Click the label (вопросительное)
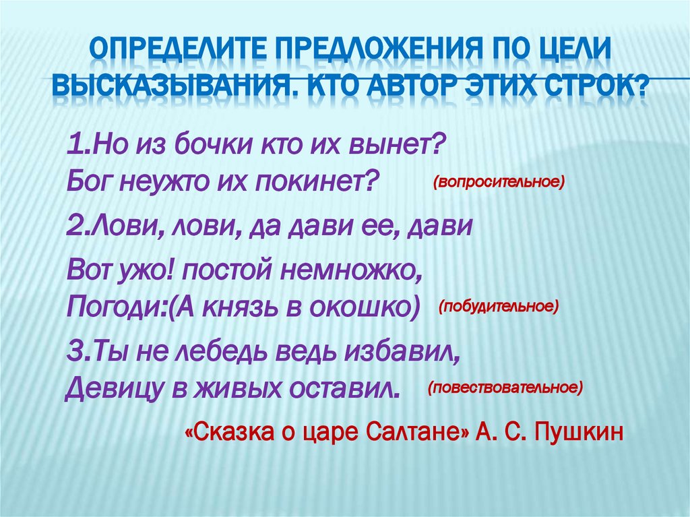(x=499, y=182)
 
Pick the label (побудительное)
(x=499, y=307)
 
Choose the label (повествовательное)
(x=505, y=388)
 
